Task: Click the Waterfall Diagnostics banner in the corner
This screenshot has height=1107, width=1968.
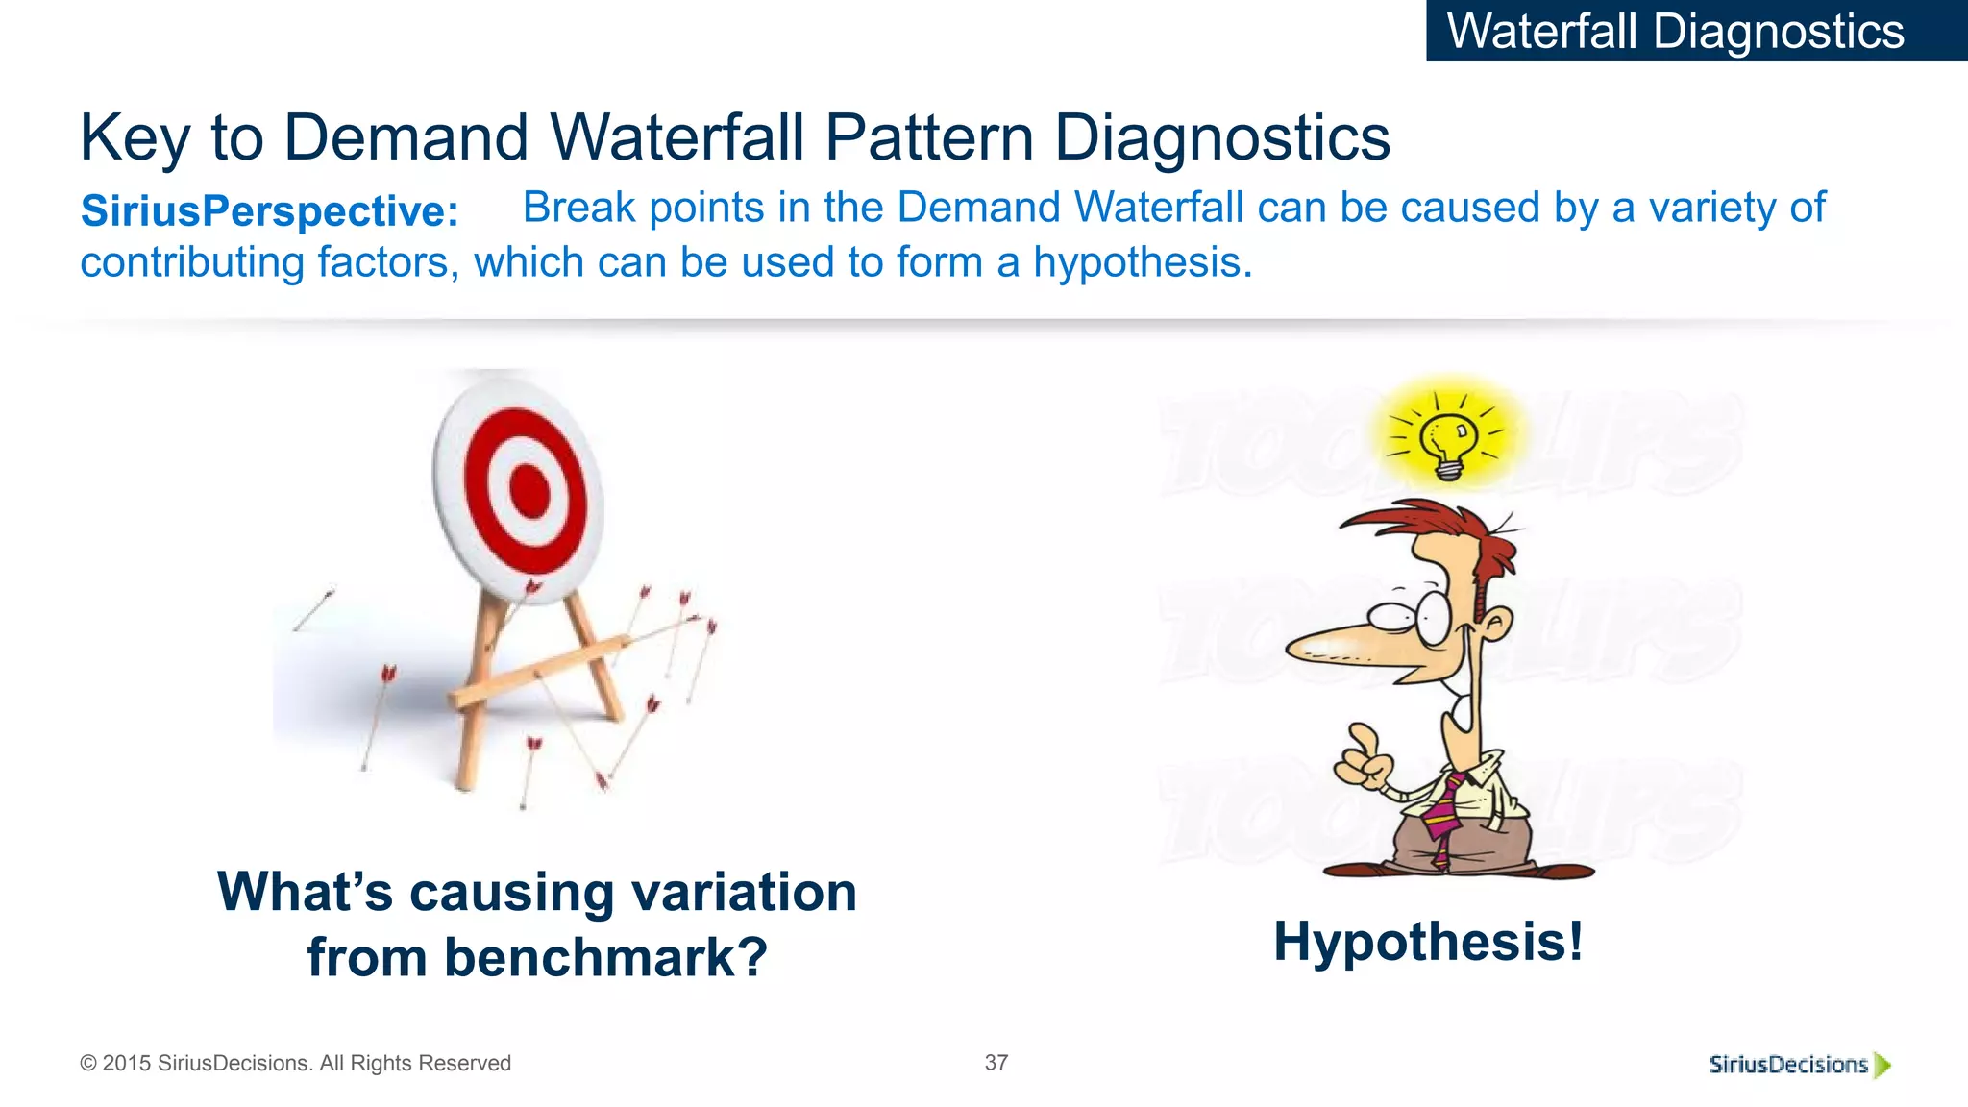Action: coord(1675,31)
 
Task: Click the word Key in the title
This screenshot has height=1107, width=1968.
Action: coord(135,137)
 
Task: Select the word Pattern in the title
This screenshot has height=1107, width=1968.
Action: coord(928,137)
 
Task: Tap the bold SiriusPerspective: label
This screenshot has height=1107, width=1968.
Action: coord(269,211)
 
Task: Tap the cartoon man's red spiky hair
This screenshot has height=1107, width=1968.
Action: coord(1441,533)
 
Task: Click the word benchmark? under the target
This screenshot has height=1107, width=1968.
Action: coord(605,958)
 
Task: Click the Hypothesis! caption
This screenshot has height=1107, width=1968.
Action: coord(1428,941)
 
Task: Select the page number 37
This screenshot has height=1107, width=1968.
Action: coord(996,1062)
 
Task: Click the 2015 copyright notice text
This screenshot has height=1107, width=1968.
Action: coord(295,1063)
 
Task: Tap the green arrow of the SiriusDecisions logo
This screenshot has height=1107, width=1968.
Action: coord(1882,1065)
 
